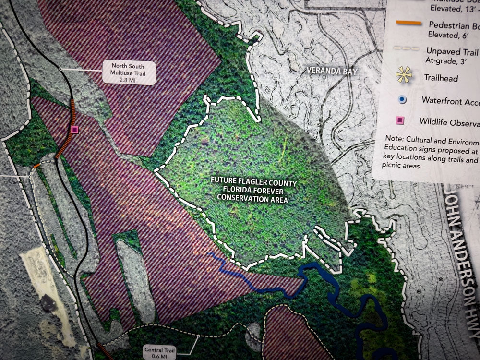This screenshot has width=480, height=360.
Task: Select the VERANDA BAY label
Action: tap(332, 71)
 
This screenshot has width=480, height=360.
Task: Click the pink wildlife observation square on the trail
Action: tap(74, 129)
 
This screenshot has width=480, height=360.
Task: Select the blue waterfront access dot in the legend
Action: tap(402, 99)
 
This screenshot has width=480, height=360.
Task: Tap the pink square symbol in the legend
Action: tap(402, 120)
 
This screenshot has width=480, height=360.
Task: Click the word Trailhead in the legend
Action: tap(441, 77)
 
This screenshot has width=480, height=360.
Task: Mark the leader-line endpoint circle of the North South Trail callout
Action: tap(61, 69)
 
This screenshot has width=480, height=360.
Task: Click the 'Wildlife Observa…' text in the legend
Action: tap(449, 121)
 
